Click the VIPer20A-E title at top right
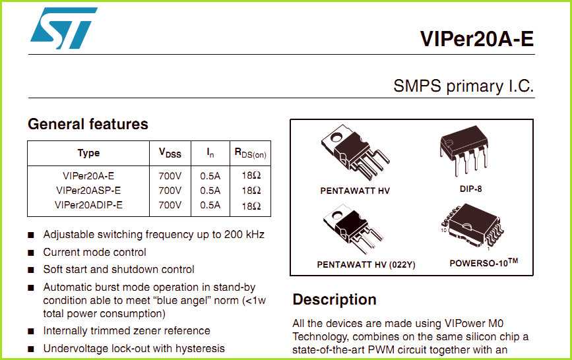[x=476, y=39]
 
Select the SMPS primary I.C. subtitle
[x=463, y=86]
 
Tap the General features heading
[x=88, y=124]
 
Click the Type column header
[x=88, y=153]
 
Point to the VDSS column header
[x=170, y=153]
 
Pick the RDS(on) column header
[x=251, y=153]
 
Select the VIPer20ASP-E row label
[x=88, y=191]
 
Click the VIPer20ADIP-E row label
[x=88, y=205]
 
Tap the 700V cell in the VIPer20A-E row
[x=170, y=176]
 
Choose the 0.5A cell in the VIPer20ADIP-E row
[x=210, y=205]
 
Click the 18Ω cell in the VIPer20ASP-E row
[x=251, y=191]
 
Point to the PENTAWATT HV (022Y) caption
[x=366, y=264]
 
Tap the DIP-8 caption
[x=470, y=189]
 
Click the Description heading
[x=334, y=299]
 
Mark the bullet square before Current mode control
[x=31, y=253]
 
